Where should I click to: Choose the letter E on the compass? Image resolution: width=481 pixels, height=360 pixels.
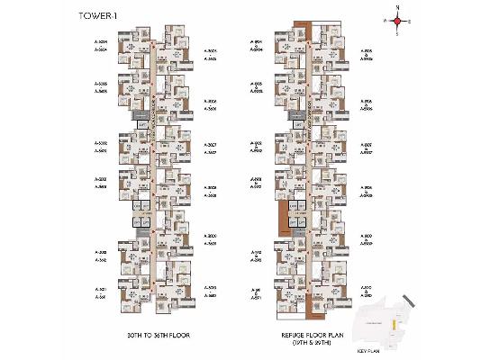point(409,20)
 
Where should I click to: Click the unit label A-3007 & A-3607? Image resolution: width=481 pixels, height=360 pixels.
point(211,148)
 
